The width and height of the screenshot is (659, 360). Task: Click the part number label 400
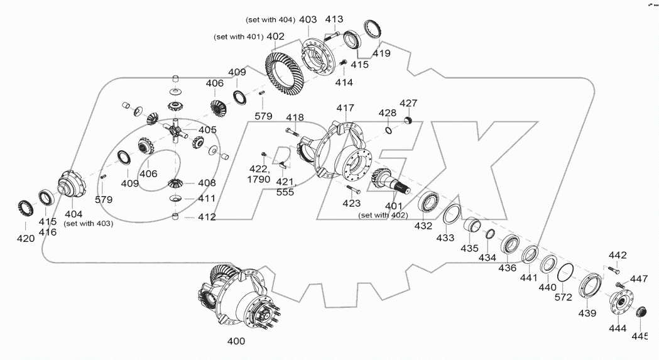pos(236,341)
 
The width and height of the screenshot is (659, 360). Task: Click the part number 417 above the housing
pos(345,108)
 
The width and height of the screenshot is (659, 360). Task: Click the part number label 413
pos(334,19)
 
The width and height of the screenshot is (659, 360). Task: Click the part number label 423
pos(351,203)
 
